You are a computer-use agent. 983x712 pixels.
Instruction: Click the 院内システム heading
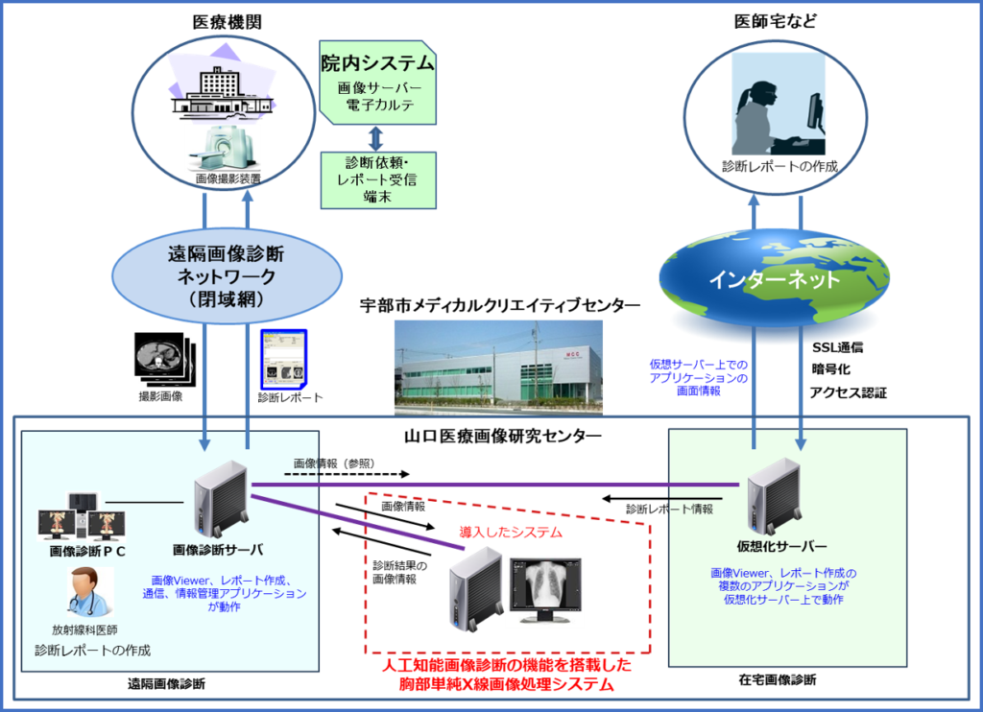377,64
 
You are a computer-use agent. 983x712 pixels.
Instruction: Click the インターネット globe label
773,280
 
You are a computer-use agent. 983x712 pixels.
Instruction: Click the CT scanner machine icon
224,148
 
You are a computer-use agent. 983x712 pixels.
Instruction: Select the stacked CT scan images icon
162,360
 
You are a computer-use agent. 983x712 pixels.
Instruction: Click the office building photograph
498,367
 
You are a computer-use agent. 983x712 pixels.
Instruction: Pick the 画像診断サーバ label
218,550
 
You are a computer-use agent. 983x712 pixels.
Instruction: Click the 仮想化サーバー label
781,547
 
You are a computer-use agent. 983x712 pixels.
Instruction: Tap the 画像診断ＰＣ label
87,551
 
